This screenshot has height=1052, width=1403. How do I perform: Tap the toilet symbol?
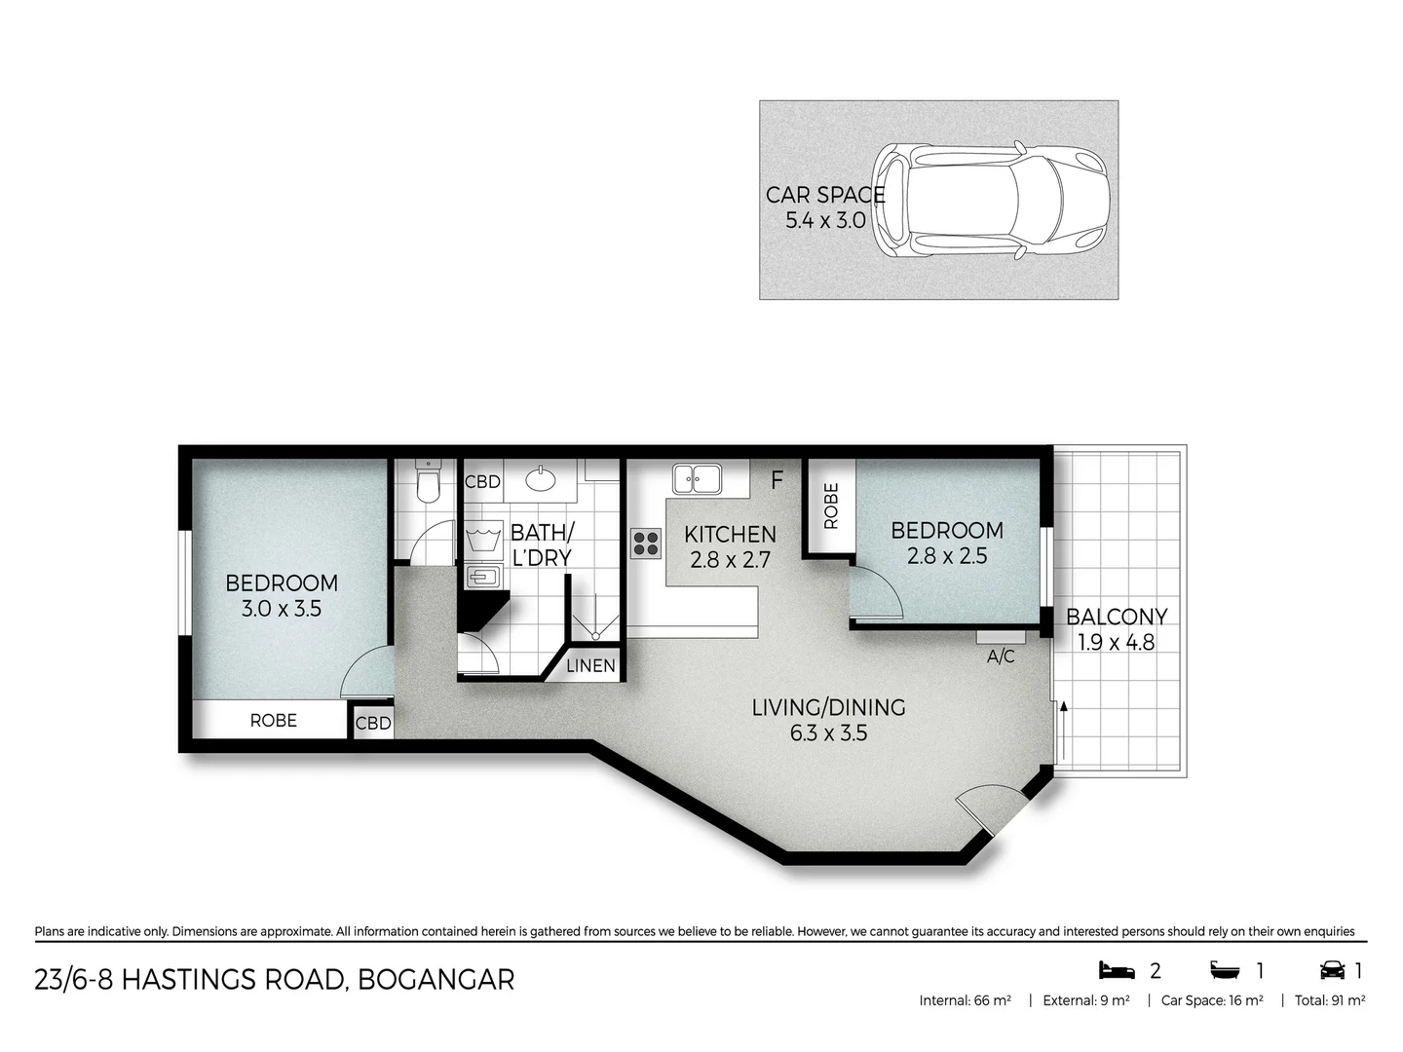pyautogui.click(x=428, y=480)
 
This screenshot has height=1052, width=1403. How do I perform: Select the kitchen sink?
pyautogui.click(x=697, y=478)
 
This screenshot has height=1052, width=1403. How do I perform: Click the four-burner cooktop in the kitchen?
pyautogui.click(x=646, y=543)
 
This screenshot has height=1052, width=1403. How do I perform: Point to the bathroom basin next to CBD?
pyautogui.click(x=540, y=478)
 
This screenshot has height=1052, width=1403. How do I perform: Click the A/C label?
pyautogui.click(x=1001, y=657)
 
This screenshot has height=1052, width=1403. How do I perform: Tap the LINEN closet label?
pyautogui.click(x=590, y=665)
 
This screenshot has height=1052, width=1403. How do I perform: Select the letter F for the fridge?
pyautogui.click(x=777, y=480)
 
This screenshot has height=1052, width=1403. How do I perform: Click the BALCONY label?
pyautogui.click(x=1117, y=617)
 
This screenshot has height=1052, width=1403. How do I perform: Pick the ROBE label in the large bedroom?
pyautogui.click(x=273, y=720)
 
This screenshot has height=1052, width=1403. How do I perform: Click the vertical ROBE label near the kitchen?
pyautogui.click(x=830, y=507)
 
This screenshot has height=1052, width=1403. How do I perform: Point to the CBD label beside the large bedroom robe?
pyautogui.click(x=373, y=723)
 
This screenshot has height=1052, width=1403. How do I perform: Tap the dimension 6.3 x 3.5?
pyautogui.click(x=828, y=733)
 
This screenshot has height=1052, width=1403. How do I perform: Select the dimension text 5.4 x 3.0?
pyautogui.click(x=825, y=220)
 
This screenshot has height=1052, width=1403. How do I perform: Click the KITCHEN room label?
pyautogui.click(x=730, y=534)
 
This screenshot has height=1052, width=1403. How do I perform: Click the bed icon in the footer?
pyautogui.click(x=1117, y=970)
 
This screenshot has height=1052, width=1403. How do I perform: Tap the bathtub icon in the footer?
pyautogui.click(x=1225, y=970)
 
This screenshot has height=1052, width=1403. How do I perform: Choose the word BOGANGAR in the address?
pyautogui.click(x=436, y=979)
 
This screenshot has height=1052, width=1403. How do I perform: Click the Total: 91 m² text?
pyautogui.click(x=1329, y=1000)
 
